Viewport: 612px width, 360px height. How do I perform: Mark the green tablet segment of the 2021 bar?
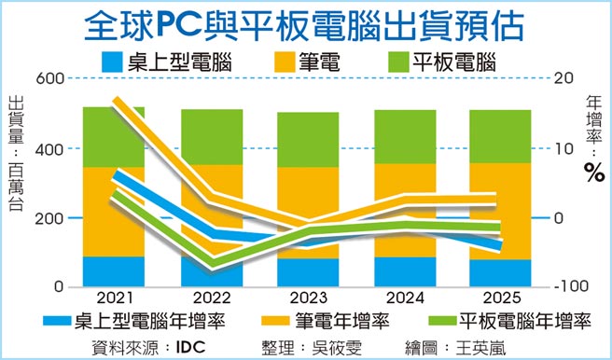point(113,137)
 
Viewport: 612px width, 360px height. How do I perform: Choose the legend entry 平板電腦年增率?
point(527,322)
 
